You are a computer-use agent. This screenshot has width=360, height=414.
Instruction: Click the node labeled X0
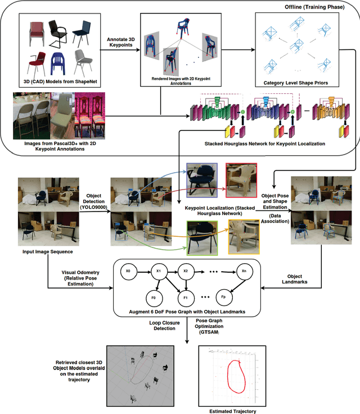128,271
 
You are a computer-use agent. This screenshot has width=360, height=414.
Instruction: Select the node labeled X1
159,271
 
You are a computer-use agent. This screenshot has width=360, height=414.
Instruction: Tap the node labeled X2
186,271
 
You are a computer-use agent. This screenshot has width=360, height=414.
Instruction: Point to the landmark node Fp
223,295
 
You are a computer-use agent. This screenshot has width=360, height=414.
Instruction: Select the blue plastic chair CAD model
60,67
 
